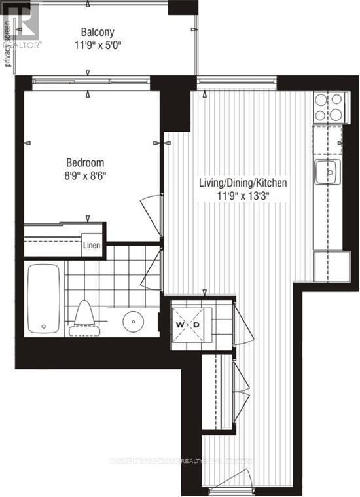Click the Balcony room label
[x=98, y=32]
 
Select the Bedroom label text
[x=85, y=163]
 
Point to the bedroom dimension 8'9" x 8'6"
[x=85, y=176]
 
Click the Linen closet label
[x=92, y=247]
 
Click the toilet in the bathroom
[x=84, y=314]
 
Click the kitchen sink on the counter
[x=327, y=173]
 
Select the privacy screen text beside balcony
[x=8, y=43]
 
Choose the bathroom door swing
[x=156, y=267]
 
